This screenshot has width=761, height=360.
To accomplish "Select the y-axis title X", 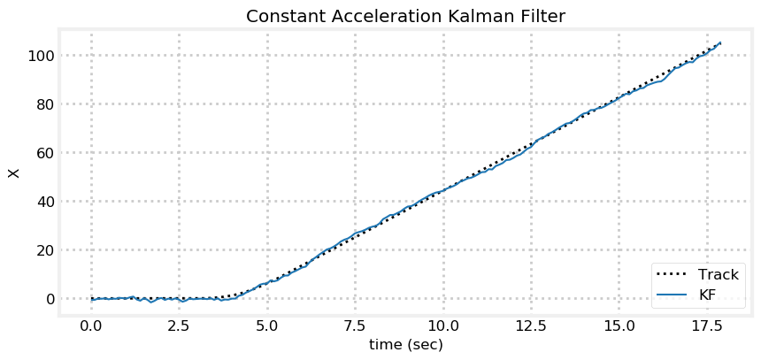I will coord(13,172).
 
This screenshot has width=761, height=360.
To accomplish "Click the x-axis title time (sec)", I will coord(405,344).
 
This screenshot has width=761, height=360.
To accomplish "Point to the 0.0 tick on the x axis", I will coord(91,325).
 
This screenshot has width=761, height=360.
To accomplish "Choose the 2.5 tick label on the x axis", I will coord(179,325).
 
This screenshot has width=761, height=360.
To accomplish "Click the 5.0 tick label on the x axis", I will coord(267,325).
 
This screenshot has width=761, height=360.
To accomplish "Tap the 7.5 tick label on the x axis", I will coord(355,325).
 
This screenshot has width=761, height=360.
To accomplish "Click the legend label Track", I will coord(718,274).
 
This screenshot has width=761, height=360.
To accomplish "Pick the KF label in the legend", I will coord(707,295).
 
